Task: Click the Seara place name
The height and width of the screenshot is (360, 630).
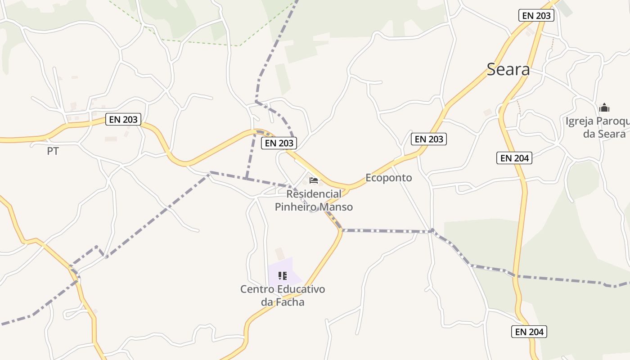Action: pos(508,70)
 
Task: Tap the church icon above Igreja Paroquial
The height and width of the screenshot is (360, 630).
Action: pos(604,108)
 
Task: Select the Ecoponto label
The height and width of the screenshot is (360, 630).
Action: pos(388,178)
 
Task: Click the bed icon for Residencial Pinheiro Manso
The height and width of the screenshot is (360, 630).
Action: pos(314,180)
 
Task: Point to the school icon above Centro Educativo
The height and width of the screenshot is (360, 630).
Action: pos(282,275)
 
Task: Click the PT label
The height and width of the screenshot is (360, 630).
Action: pos(53,151)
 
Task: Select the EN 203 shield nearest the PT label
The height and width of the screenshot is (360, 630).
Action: pos(123,120)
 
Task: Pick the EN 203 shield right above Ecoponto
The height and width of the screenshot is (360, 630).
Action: pos(429,139)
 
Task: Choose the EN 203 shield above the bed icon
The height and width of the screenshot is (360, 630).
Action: pos(279,143)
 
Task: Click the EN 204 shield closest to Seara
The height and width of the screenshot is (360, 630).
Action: pos(515,158)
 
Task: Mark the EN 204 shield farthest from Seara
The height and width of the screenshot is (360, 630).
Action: pos(529,332)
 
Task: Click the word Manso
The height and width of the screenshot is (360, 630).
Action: pos(337,207)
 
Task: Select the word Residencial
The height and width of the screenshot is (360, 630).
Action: pos(314,194)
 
